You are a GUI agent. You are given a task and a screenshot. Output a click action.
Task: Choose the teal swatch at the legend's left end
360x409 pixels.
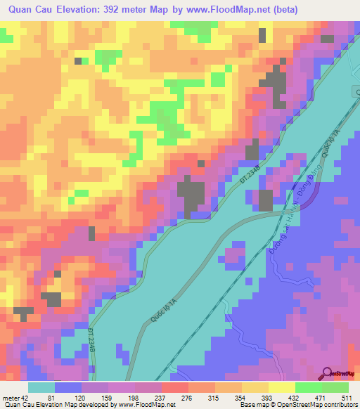tap(41, 387)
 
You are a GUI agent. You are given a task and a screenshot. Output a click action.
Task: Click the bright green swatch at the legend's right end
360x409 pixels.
tap(335, 387)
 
